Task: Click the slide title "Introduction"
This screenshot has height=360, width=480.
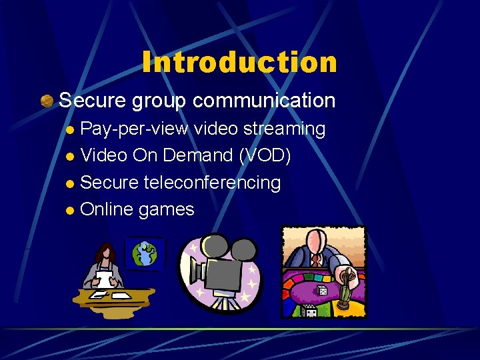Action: pos(239,63)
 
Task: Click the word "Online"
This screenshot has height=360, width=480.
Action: pos(107,209)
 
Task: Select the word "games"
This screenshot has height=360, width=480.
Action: pos(167,210)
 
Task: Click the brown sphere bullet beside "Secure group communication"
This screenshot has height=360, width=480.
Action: pos(47,101)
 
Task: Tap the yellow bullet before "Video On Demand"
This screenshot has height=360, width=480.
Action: pos(71,157)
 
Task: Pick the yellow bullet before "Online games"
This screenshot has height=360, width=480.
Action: pos(71,211)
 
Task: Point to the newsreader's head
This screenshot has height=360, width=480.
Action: pos(105,251)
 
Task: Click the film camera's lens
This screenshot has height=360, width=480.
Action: pos(195,272)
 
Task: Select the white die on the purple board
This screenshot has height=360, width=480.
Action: pos(323,291)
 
